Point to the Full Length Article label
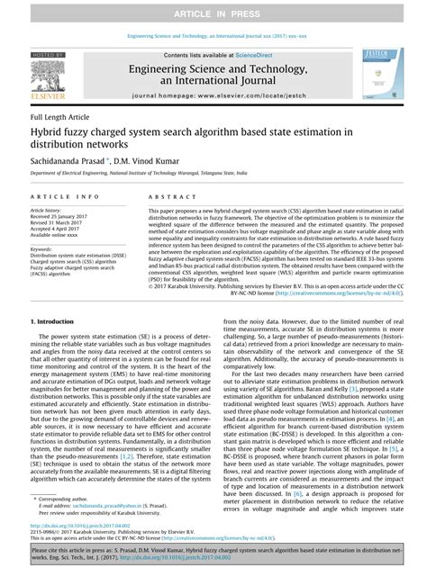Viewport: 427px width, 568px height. click(x=59, y=118)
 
